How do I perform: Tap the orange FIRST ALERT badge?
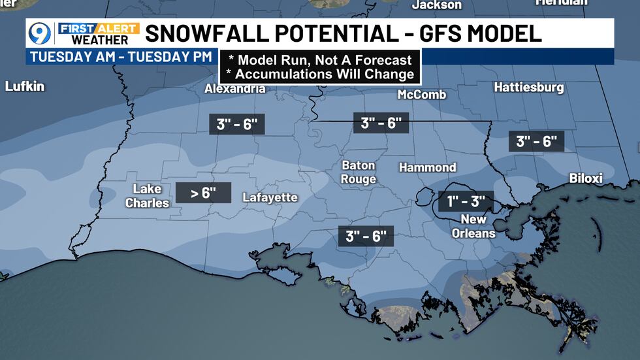(98, 28)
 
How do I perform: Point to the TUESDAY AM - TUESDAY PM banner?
(121, 57)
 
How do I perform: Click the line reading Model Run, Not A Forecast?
(319, 60)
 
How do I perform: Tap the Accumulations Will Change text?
(319, 74)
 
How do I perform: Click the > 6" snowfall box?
(204, 192)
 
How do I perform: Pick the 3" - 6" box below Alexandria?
(237, 123)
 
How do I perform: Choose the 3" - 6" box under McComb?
(381, 122)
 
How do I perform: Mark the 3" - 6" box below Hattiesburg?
(536, 141)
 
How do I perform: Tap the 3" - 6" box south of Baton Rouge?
(366, 236)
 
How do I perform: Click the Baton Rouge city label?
(359, 172)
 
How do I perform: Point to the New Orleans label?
(478, 226)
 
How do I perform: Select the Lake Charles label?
(147, 196)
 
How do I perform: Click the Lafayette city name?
(270, 197)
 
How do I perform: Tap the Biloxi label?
(586, 178)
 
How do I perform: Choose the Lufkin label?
(25, 86)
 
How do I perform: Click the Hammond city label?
(427, 168)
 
